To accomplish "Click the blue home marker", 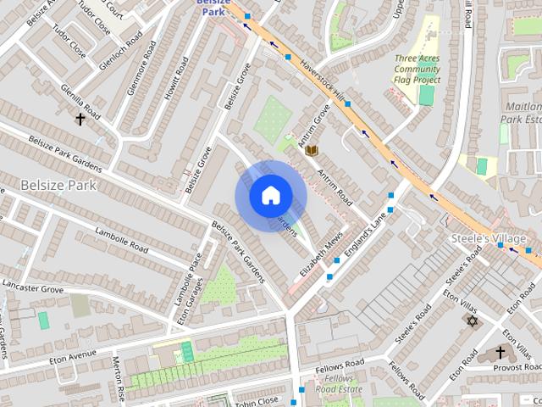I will [x=270, y=196].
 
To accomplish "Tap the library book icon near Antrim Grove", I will [x=312, y=150].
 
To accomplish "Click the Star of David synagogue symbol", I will [x=472, y=321].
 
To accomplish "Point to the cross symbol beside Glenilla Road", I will [x=80, y=120].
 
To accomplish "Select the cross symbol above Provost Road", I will [x=501, y=352].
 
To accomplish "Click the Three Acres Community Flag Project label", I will [x=417, y=69].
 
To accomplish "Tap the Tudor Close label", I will [x=69, y=42].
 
